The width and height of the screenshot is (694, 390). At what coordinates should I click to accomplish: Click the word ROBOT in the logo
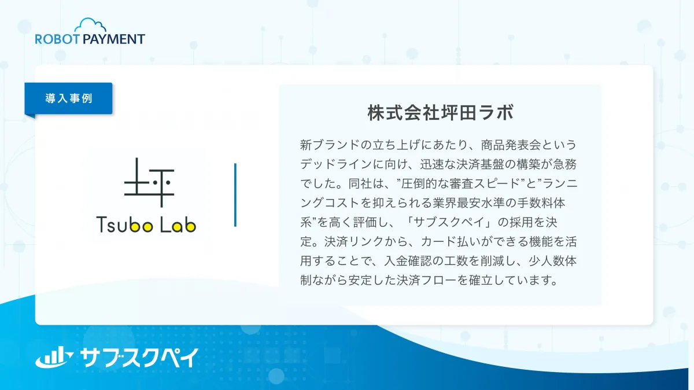pyautogui.click(x=57, y=39)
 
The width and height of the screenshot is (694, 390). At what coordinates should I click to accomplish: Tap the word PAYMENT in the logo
pyautogui.click(x=114, y=39)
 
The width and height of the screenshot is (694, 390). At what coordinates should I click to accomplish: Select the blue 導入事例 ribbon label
pyautogui.click(x=68, y=98)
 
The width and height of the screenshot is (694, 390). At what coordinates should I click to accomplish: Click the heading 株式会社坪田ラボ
pyautogui.click(x=441, y=112)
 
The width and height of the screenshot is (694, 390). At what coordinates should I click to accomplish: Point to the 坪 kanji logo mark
pyautogui.click(x=149, y=183)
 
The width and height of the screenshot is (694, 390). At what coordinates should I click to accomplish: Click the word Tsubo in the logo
pyautogui.click(x=124, y=225)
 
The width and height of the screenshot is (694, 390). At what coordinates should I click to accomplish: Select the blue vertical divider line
pyautogui.click(x=235, y=195)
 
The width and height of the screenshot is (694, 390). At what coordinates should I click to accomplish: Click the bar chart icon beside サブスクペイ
pyautogui.click(x=54, y=357)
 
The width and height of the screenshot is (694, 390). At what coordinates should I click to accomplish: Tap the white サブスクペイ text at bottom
pyautogui.click(x=139, y=358)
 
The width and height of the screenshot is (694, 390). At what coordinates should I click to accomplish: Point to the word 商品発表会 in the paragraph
pyautogui.click(x=511, y=145)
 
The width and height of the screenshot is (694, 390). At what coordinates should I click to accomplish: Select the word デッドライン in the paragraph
pyautogui.click(x=336, y=164)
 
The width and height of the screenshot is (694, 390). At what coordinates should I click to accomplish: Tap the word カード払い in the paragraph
pyautogui.click(x=451, y=242)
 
